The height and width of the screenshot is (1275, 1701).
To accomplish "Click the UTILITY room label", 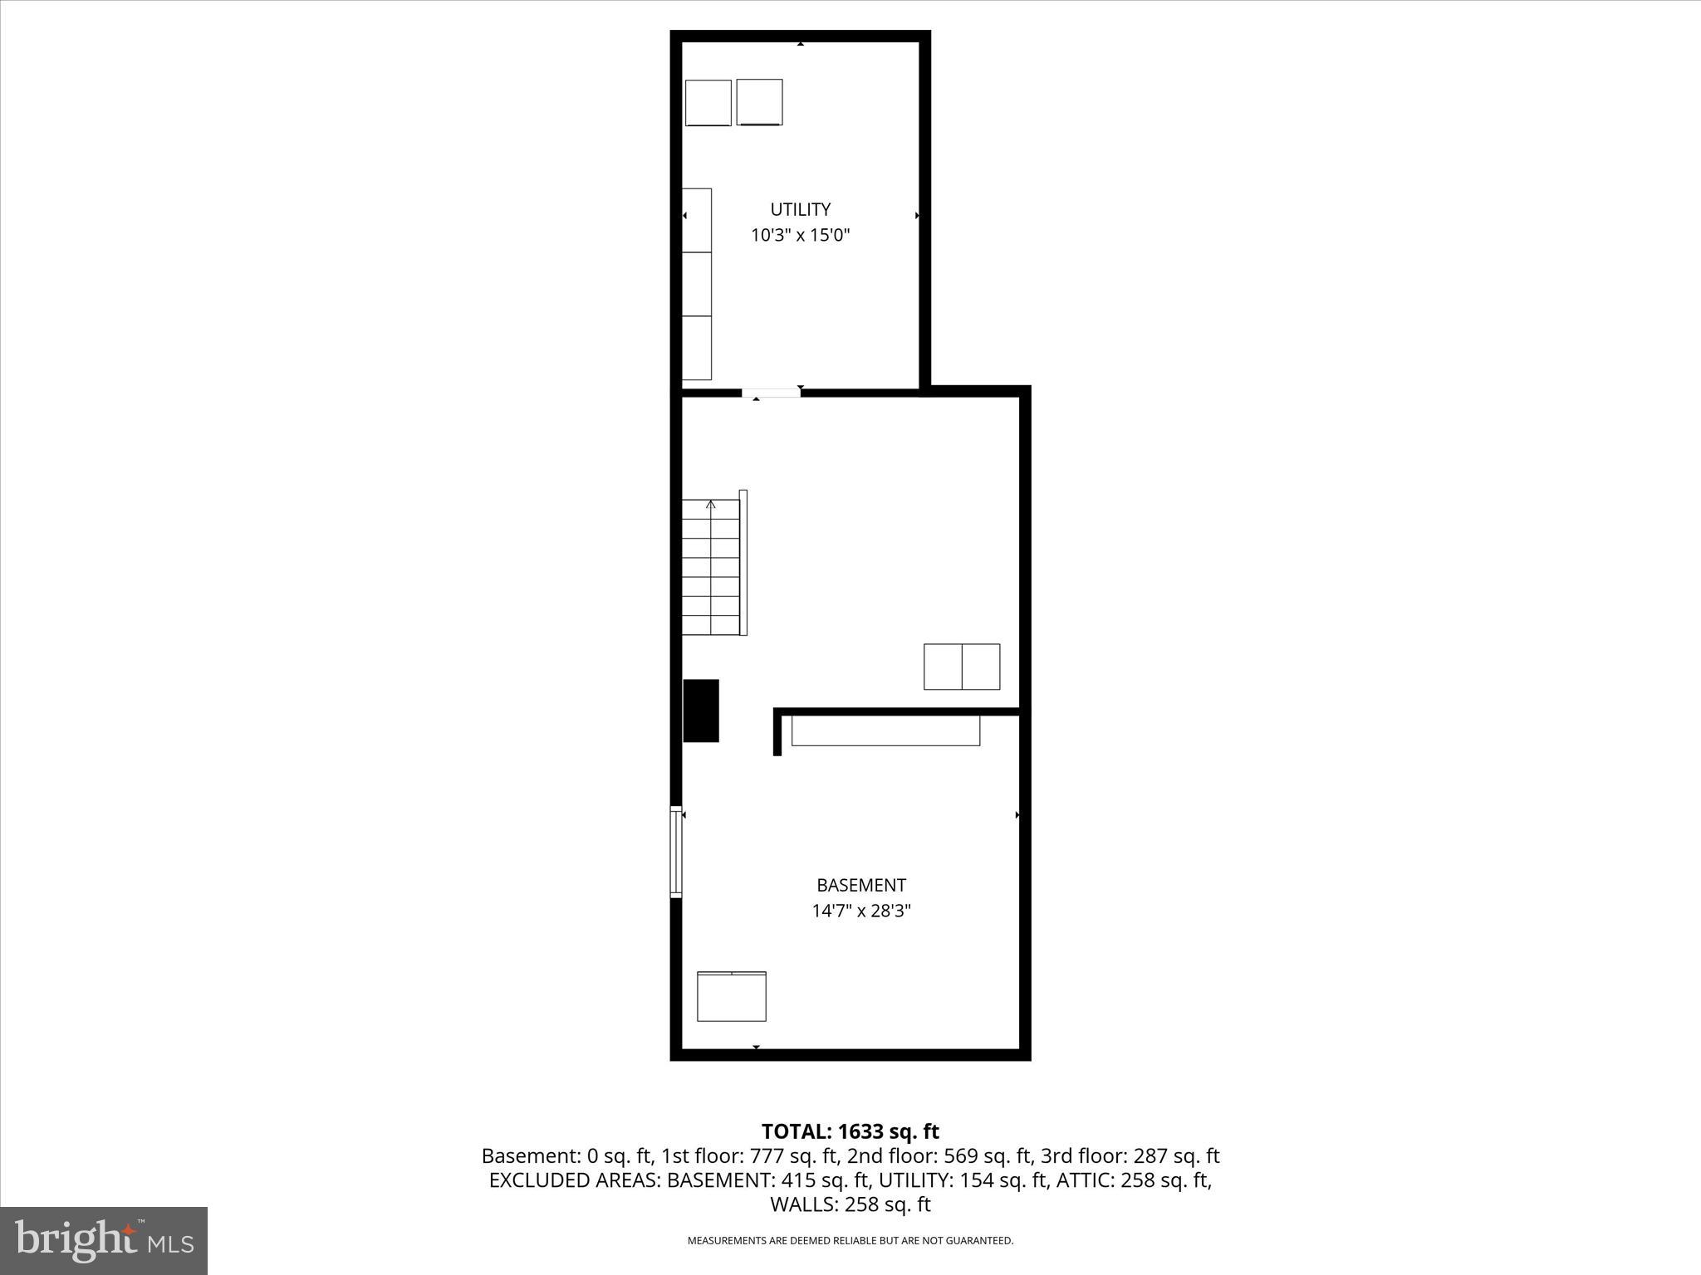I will (800, 209).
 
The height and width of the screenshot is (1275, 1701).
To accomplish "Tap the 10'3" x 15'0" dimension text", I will (800, 235).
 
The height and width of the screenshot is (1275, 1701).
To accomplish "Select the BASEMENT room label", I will (860, 885).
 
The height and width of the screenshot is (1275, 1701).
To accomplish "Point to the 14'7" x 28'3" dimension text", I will (860, 911).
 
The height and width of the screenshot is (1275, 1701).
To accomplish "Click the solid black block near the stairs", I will (701, 711).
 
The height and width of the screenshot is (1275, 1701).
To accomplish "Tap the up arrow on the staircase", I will (711, 505).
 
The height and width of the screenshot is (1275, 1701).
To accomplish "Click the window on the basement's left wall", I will (676, 852).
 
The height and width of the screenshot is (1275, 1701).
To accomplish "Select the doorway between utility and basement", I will (771, 393).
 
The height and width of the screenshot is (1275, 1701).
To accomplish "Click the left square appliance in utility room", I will (708, 103).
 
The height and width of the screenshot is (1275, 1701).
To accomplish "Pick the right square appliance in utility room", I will (759, 102).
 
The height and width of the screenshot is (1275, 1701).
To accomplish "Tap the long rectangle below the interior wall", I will (885, 730).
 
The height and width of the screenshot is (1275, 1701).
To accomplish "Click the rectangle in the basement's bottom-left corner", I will (731, 996).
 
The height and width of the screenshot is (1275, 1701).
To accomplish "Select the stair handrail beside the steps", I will (743, 563).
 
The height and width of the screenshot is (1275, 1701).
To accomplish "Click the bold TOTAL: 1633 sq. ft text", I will (850, 1131).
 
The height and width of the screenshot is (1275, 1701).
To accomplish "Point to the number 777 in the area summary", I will (764, 1155).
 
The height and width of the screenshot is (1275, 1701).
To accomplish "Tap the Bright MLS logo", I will (104, 1240).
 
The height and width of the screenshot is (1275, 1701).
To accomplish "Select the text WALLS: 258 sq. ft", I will (850, 1204).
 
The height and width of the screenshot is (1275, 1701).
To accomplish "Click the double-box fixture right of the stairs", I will (962, 667).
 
